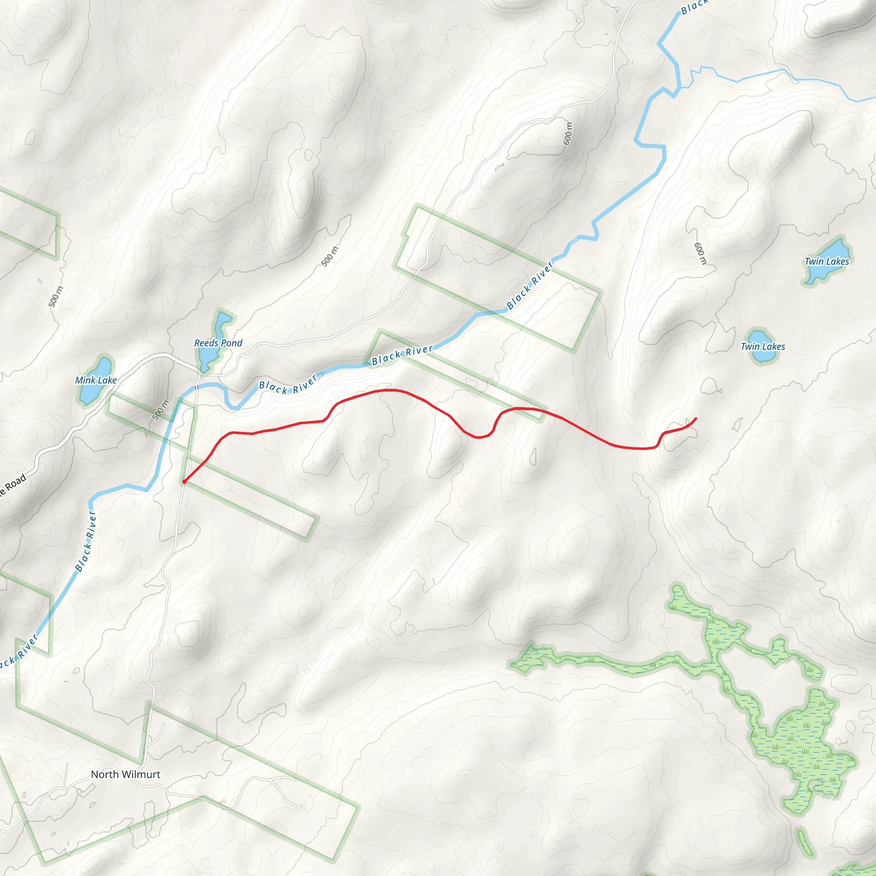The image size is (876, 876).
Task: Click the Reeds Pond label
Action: (218, 343)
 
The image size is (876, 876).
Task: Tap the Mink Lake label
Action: (96, 380)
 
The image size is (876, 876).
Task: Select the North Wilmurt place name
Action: (126, 775)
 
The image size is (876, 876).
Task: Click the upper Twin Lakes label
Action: (826, 262)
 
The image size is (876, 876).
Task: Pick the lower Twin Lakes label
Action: (763, 347)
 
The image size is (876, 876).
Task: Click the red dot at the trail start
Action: (184, 482)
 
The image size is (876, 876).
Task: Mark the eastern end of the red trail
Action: (696, 418)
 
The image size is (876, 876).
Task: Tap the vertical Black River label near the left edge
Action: (86, 541)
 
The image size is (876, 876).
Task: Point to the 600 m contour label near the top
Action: (568, 133)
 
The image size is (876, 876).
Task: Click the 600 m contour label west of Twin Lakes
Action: (700, 253)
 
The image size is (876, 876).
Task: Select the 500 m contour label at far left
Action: (56, 297)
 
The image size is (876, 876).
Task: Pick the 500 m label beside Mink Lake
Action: (160, 410)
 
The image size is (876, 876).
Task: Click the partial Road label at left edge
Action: (13, 485)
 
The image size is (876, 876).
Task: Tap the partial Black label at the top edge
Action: (694, 6)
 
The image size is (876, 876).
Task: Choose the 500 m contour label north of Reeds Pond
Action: (330, 257)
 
